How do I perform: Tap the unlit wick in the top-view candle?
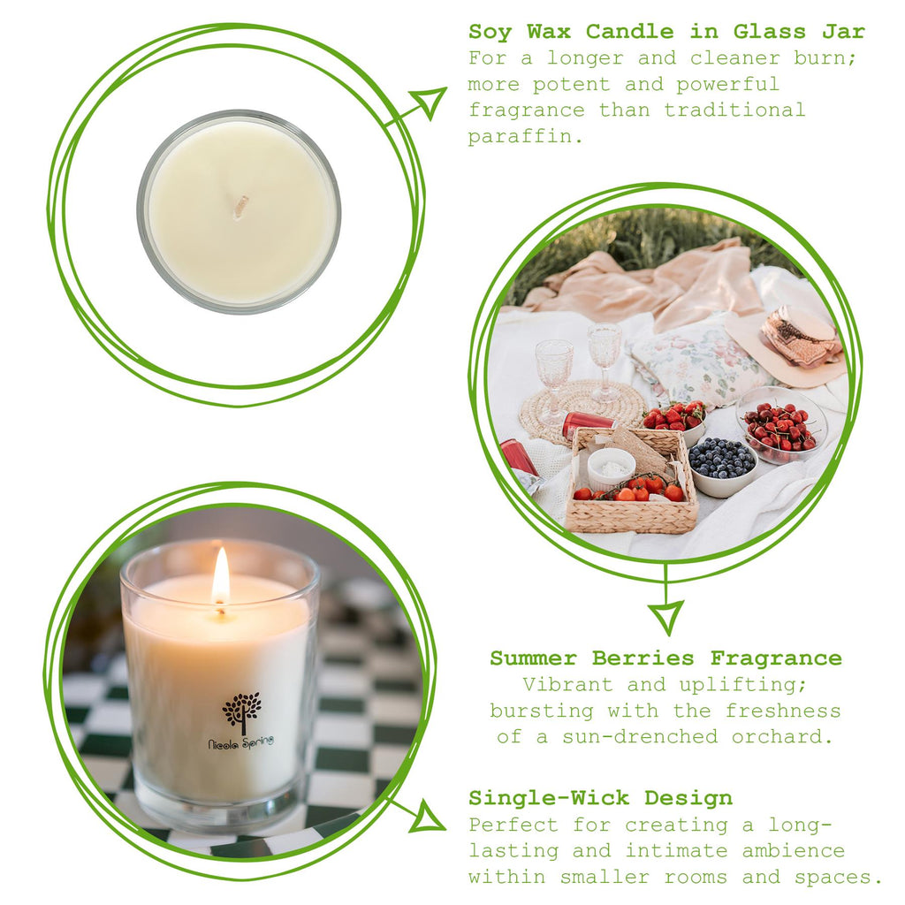240,207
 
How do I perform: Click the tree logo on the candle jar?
241,711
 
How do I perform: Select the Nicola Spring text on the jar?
240,742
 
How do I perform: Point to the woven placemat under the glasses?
582,409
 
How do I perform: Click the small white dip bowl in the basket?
612,467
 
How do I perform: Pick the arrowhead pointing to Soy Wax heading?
430,101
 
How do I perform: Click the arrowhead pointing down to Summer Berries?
665,615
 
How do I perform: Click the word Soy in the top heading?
490,33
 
